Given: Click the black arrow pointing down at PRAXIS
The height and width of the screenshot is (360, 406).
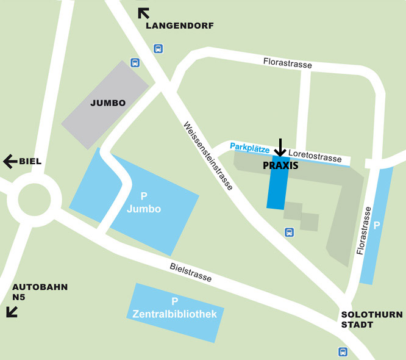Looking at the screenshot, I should click(280, 147).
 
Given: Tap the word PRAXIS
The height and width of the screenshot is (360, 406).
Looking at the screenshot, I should click(280, 165).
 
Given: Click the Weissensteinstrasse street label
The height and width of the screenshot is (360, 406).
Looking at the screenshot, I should click(208, 156).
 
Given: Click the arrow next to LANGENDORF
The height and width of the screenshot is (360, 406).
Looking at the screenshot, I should click(144, 13).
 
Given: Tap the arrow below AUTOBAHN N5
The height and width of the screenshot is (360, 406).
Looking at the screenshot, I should click(12, 312).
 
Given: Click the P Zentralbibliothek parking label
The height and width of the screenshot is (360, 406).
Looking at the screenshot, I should click(175, 308).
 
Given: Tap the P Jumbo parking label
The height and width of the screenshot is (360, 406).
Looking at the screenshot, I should click(144, 203).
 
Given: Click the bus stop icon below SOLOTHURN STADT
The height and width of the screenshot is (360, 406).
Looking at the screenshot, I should click(343, 351).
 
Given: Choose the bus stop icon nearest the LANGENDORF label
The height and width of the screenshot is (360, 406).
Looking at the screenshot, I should click(158, 48).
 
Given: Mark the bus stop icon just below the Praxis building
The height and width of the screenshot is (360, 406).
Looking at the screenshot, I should click(290, 232).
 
